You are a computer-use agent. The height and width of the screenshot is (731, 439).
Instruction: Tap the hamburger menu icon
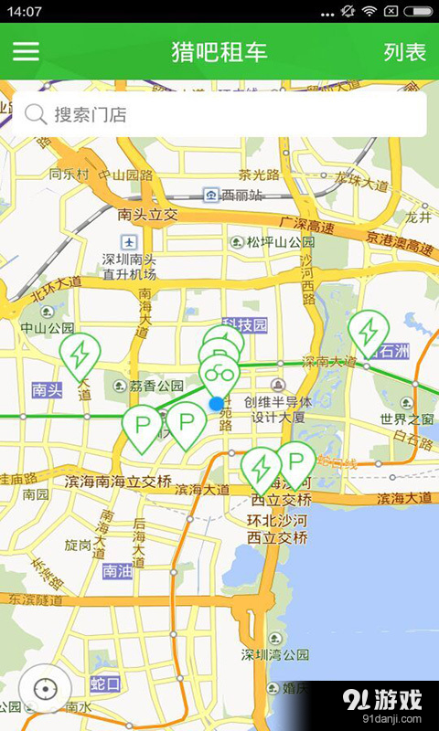26,51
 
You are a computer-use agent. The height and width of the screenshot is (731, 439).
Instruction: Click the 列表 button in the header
404,52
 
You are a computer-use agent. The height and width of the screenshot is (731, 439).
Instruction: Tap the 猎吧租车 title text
219,52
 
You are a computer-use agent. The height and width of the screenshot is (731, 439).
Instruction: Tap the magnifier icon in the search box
36,114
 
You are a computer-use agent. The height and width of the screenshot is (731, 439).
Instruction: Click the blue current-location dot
216,403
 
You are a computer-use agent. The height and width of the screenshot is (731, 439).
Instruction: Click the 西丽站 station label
241,195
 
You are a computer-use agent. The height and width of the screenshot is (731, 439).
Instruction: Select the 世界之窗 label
406,419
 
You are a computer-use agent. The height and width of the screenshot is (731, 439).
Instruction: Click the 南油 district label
119,571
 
